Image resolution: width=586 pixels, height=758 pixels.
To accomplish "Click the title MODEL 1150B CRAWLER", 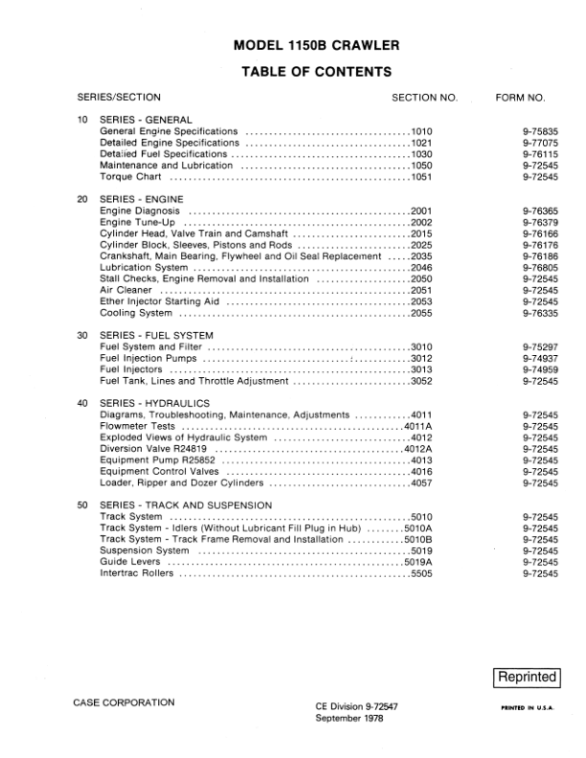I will pyautogui.click(x=312, y=44).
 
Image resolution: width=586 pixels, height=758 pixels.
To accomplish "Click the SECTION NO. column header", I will pyautogui.click(x=425, y=98).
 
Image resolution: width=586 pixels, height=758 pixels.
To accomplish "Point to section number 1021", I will pyautogui.click(x=422, y=143).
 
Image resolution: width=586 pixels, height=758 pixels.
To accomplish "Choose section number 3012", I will pyautogui.click(x=422, y=359).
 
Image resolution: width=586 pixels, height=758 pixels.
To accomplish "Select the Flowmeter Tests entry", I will pyautogui.click(x=137, y=426).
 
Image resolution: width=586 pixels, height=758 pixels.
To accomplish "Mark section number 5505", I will pyautogui.click(x=422, y=574).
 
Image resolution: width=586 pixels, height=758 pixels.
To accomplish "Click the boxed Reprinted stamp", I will pyautogui.click(x=526, y=677).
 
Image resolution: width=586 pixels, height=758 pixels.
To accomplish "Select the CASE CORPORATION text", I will pyautogui.click(x=124, y=702).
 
